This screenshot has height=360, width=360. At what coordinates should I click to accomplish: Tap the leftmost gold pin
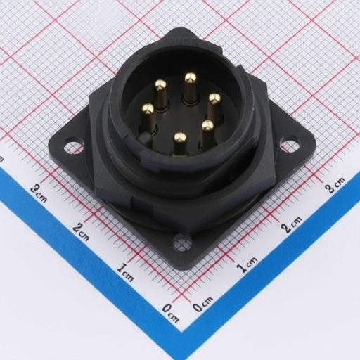point(148,117)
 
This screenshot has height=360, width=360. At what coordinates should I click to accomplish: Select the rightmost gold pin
point(214,108)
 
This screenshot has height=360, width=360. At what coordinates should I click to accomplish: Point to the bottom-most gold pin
point(180,143)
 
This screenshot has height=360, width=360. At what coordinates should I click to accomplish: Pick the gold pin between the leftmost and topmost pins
point(161,94)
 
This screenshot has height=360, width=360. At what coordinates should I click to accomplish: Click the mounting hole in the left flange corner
point(74,147)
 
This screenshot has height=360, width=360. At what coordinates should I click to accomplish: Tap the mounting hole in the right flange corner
point(290,143)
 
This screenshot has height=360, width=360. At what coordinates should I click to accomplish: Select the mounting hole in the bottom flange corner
point(182,243)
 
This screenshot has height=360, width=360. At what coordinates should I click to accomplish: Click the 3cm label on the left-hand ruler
point(39,193)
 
